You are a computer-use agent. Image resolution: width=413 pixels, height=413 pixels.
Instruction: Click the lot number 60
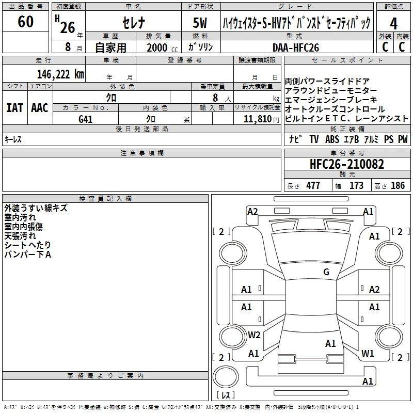25,21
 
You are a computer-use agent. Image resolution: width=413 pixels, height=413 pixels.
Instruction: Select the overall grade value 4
393,24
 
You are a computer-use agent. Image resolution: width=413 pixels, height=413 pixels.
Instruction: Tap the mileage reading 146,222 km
60,74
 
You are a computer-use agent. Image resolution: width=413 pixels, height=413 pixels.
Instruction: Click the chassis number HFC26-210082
347,164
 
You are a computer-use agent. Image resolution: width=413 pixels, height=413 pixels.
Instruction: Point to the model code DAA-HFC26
296,47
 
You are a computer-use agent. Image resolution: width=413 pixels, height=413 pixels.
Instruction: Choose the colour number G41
85,119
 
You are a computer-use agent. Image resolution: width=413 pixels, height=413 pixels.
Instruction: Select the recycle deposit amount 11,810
257,119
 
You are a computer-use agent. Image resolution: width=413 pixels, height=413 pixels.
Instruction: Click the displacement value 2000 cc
162,47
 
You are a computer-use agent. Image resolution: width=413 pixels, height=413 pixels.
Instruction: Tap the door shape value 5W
200,23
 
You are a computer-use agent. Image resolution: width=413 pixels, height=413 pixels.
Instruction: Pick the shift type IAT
15,108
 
